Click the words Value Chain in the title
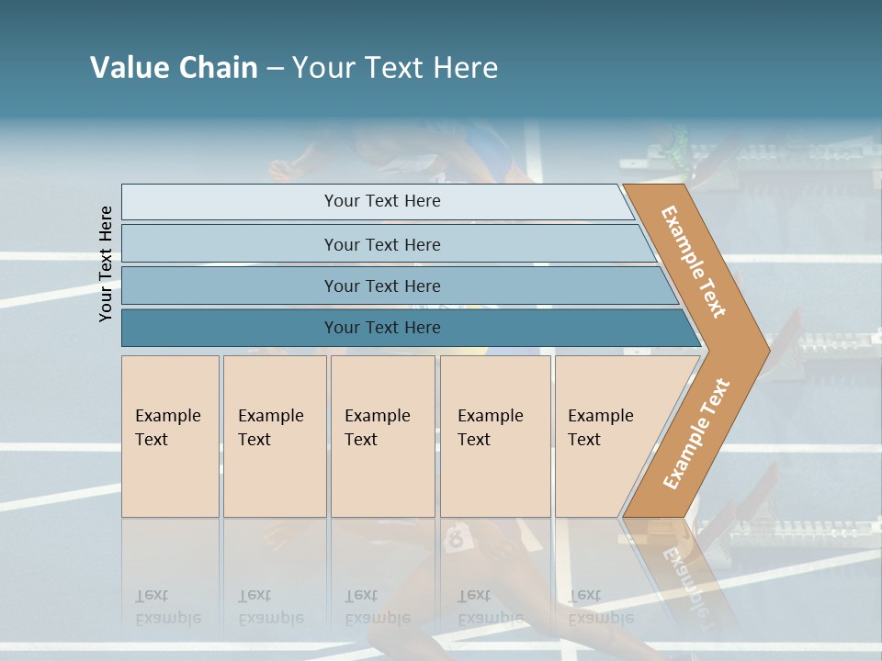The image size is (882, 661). pos(174,68)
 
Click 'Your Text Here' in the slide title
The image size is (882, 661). pos(395,68)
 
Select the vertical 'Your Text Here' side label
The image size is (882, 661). pos(106,263)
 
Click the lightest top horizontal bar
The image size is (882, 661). pos(382,201)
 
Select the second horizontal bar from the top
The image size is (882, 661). pos(382,244)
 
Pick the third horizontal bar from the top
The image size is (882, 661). pos(382,286)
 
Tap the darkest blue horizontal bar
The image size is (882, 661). pos(382,328)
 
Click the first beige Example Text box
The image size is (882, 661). pos(170,436)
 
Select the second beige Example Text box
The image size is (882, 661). pos(274,436)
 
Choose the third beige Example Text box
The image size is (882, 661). pos(381,436)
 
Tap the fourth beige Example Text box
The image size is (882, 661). pos(494,436)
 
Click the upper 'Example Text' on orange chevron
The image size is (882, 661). pos(695,262)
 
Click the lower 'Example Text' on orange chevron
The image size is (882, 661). pos(696,433)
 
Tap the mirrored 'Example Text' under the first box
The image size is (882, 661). pos(167,607)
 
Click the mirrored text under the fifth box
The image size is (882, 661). pos(600,607)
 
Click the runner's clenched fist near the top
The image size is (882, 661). pos(280,169)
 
